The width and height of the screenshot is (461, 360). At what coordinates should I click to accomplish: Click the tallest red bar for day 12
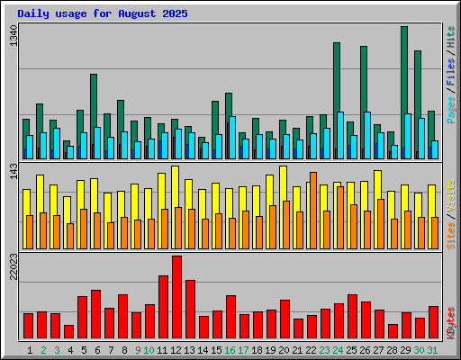[176, 296]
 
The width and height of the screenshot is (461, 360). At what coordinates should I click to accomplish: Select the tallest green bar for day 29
[404, 90]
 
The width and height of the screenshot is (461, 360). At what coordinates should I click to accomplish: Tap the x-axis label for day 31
[433, 349]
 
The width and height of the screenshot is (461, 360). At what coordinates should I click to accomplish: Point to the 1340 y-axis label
[12, 38]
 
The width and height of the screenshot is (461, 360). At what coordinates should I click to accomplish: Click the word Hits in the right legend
[450, 38]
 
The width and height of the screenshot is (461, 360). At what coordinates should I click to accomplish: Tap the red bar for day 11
[163, 306]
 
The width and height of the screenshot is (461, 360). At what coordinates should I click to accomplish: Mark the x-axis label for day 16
[230, 349]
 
